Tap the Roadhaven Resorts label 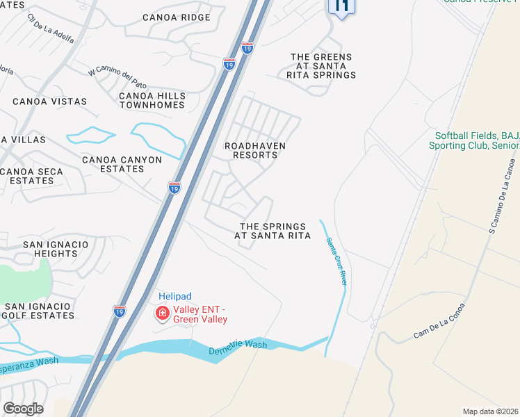tap(251, 150)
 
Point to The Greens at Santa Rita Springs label tap(321, 66)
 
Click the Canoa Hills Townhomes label tap(152, 100)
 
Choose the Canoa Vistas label tap(49, 101)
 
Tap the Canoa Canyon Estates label tap(122, 165)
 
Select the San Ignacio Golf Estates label tap(38, 311)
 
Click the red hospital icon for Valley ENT tap(163, 314)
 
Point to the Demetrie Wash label tap(238, 348)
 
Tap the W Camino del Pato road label tap(116, 67)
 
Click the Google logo tap(23, 409)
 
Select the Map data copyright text tap(491, 411)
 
